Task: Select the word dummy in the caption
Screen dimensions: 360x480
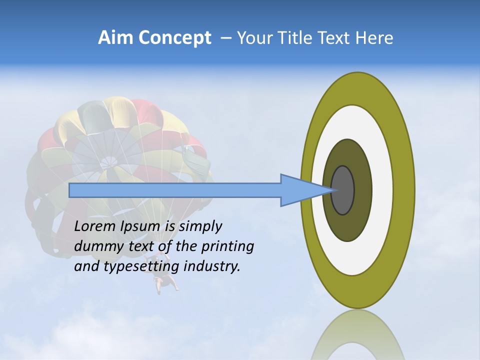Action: pos(95,246)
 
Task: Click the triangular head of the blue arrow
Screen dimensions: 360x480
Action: pos(300,190)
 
